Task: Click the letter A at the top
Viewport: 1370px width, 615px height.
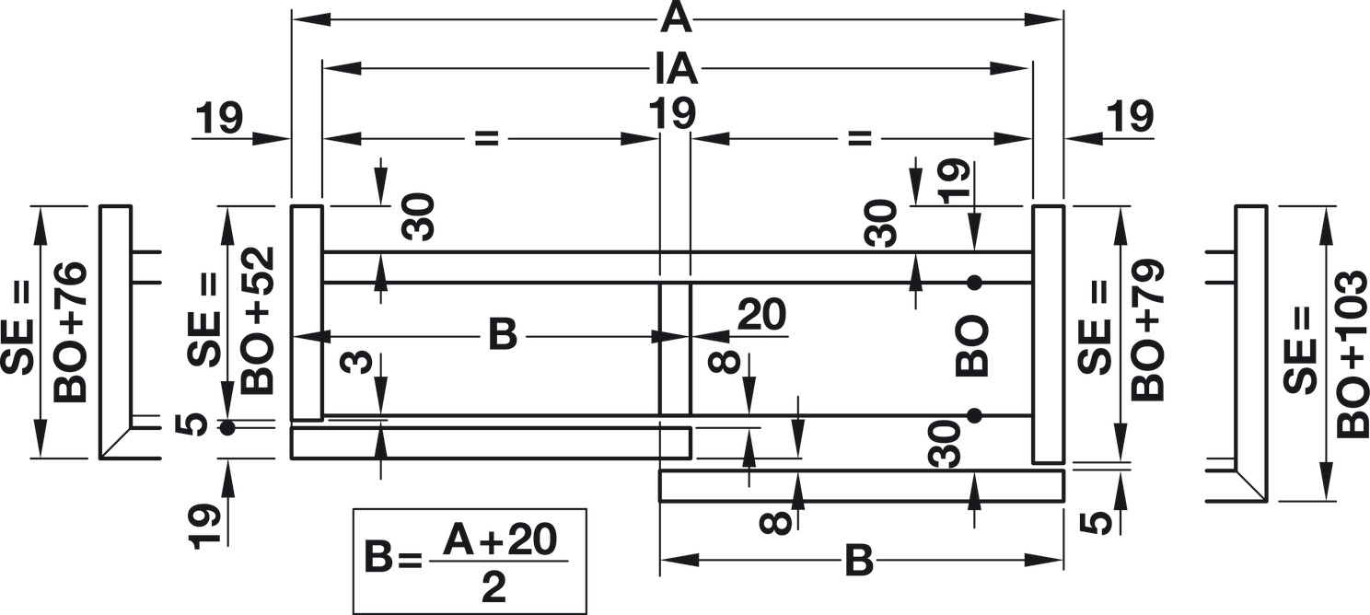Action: [x=677, y=17]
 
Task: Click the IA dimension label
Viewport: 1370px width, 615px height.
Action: [x=677, y=68]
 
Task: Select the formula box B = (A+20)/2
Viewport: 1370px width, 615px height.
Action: [x=470, y=561]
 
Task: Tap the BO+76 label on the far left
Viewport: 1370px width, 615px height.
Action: [x=72, y=331]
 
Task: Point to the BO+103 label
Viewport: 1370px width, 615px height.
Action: [x=1353, y=354]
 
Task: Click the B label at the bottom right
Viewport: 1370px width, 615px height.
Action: [x=858, y=562]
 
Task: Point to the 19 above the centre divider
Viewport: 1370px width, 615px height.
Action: [x=671, y=116]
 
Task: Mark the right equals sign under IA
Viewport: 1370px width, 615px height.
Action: [x=858, y=138]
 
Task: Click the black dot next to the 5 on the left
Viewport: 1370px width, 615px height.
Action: [x=226, y=427]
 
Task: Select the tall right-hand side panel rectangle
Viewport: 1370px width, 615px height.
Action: [x=1048, y=334]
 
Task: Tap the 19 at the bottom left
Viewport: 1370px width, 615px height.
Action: [x=206, y=528]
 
